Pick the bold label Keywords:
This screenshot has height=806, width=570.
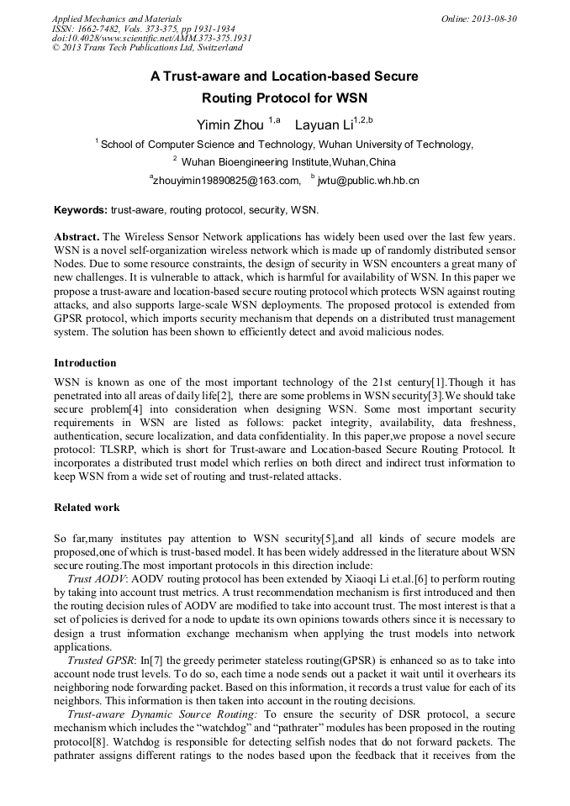coord(81,209)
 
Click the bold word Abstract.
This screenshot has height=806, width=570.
coord(77,238)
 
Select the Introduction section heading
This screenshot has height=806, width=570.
coord(85,363)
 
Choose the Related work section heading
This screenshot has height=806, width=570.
coord(87,508)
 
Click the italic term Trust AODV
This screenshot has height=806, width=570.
coord(97,580)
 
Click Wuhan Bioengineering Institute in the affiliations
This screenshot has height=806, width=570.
coord(256,161)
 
